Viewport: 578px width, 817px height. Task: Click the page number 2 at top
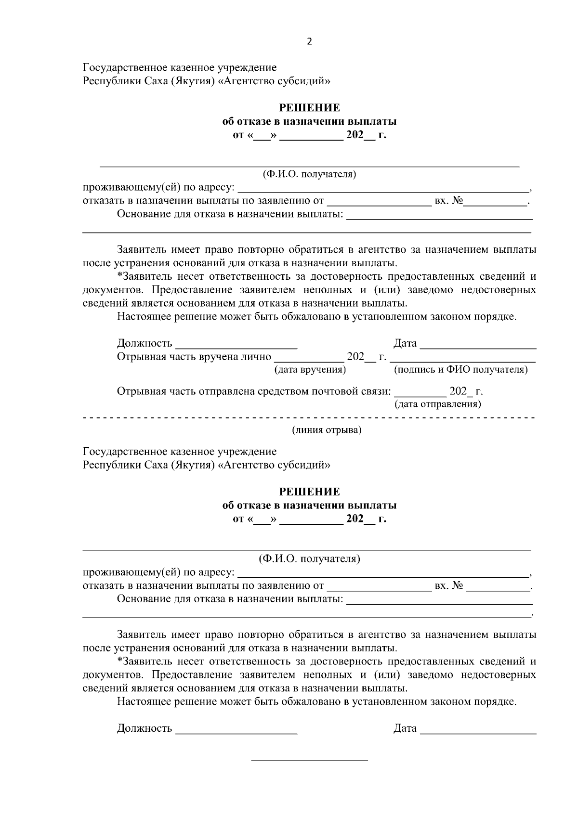click(309, 42)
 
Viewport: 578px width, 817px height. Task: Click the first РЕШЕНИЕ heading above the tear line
click(309, 107)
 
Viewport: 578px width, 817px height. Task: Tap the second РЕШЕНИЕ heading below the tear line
click(309, 492)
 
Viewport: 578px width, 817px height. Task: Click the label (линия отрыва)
click(327, 430)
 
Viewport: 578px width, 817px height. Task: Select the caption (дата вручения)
click(310, 370)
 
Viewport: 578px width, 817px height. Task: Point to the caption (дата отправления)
click(437, 404)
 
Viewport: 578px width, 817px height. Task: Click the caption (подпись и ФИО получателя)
click(461, 370)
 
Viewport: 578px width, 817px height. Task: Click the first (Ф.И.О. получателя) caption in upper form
click(309, 174)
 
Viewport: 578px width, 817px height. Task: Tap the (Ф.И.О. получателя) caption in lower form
click(309, 559)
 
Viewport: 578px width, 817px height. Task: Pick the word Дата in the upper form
click(405, 343)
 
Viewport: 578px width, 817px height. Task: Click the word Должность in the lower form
click(144, 728)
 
